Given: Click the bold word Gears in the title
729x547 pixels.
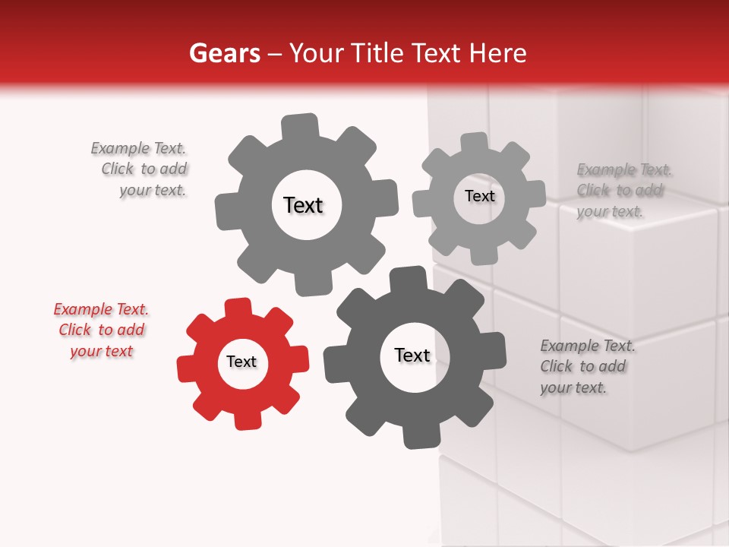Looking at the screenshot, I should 224,53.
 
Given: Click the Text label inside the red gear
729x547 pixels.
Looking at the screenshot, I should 241,362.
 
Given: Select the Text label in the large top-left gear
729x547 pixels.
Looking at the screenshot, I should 304,205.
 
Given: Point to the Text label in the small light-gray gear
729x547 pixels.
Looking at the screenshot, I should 480,196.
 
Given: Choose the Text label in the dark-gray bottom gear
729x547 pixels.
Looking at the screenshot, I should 412,356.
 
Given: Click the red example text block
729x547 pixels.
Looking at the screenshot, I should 101,330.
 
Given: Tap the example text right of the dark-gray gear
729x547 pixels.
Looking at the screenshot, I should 586,367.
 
